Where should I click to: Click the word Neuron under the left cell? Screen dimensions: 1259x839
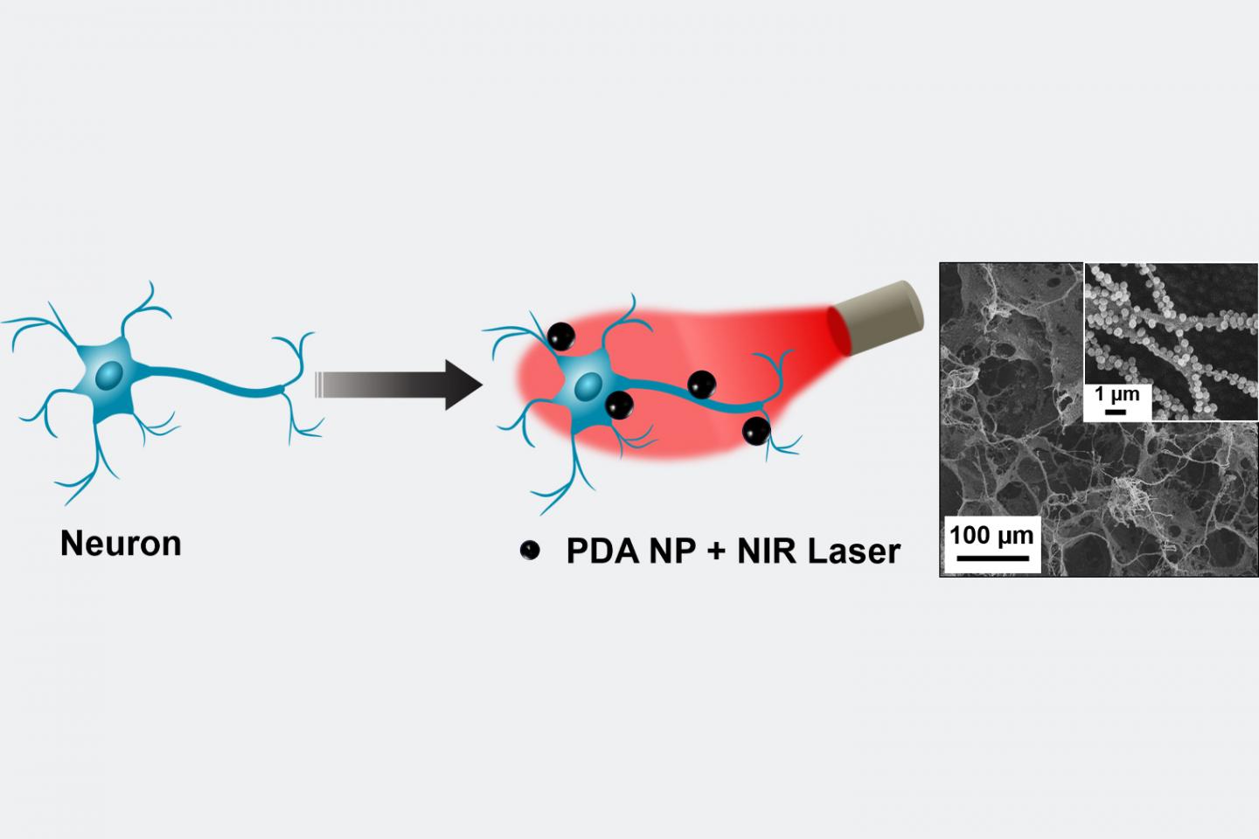pos(121,544)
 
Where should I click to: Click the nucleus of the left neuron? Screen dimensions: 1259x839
pos(109,375)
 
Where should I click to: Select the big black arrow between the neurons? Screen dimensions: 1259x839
pos(399,385)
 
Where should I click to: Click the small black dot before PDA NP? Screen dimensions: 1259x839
pos(530,550)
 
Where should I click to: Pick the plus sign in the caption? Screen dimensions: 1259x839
pos(717,552)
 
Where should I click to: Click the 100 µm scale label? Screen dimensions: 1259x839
pos(992,535)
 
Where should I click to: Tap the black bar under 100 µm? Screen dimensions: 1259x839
pos(992,558)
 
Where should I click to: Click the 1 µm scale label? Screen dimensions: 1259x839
pos(1116,394)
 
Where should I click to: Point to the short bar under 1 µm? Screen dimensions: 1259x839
pos(1115,412)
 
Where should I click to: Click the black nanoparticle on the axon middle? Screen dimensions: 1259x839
pos(702,385)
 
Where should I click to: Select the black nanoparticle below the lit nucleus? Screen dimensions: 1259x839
pos(620,406)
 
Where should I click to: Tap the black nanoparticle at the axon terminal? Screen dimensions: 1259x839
pos(756,431)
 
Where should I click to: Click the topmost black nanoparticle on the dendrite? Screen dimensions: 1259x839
pos(561,336)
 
